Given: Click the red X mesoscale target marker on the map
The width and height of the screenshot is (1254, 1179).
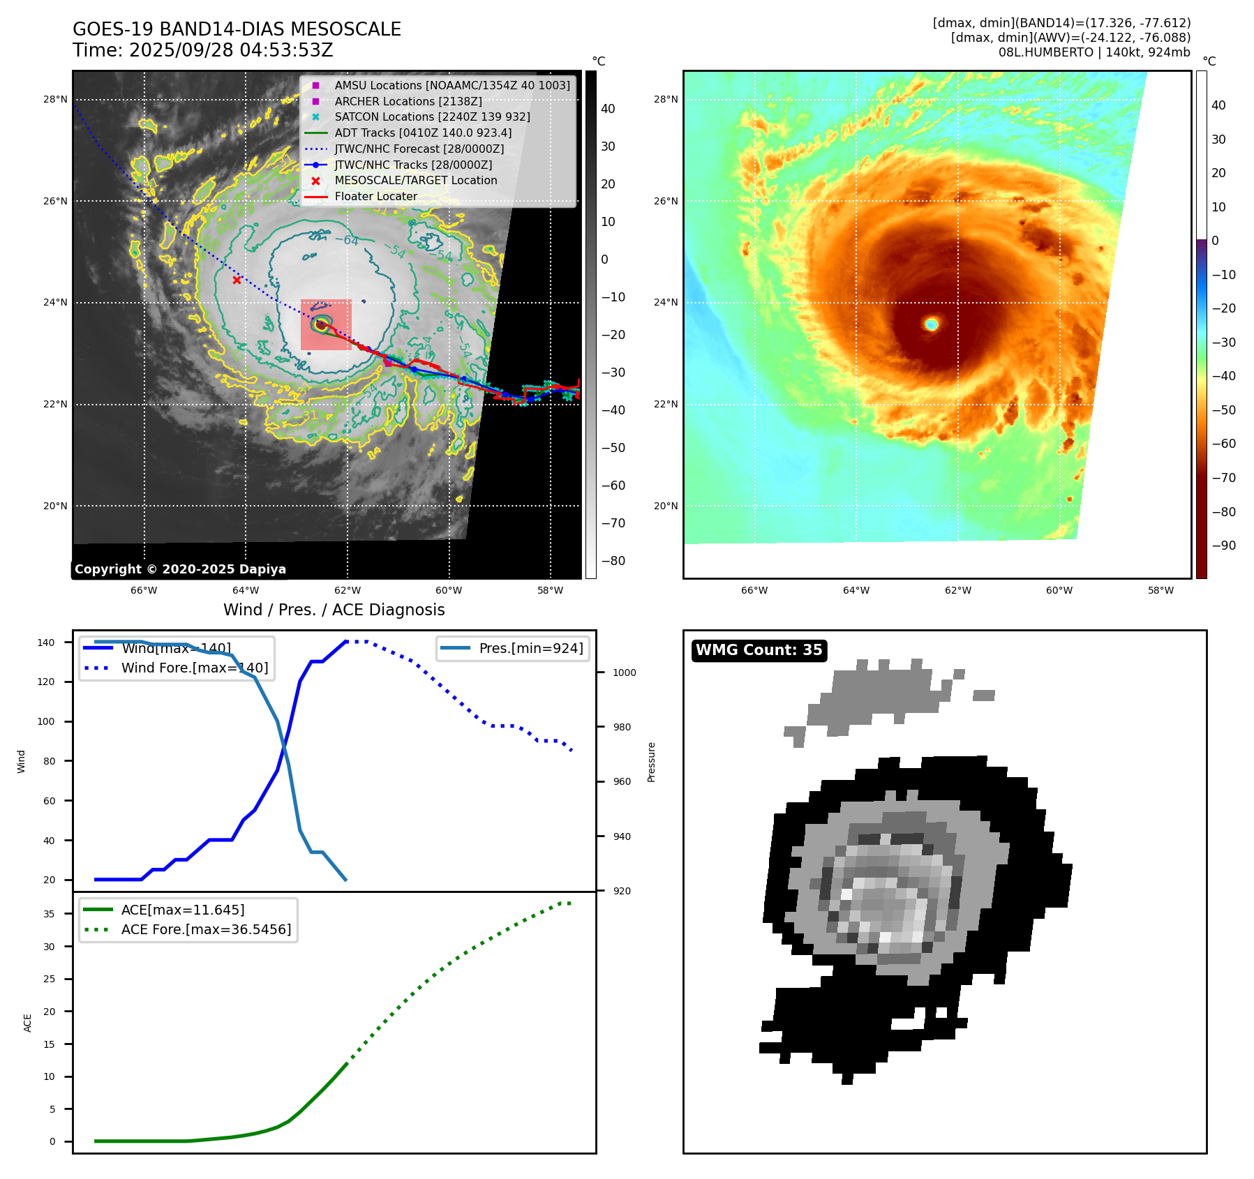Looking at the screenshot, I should pyautogui.click(x=237, y=280).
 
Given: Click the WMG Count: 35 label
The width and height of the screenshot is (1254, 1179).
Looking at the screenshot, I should pyautogui.click(x=759, y=650).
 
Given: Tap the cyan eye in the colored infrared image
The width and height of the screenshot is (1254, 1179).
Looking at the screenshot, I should pyautogui.click(x=932, y=324).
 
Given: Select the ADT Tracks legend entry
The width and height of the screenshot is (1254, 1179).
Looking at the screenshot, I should pyautogui.click(x=423, y=133).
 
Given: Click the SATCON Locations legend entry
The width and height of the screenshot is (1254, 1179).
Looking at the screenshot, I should pyautogui.click(x=432, y=117).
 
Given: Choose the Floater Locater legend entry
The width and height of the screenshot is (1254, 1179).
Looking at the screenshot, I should pyautogui.click(x=375, y=196).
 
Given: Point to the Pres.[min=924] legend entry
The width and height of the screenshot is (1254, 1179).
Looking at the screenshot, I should pyautogui.click(x=530, y=648).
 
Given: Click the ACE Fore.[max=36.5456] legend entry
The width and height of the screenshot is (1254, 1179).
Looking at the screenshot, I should pyautogui.click(x=206, y=929).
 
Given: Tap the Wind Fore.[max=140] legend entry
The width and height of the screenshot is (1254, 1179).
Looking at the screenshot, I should pyautogui.click(x=194, y=668).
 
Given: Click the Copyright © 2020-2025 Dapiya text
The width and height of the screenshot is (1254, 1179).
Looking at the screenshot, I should pyautogui.click(x=180, y=569).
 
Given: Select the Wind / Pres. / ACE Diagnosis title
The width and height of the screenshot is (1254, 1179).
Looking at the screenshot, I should pyautogui.click(x=334, y=610).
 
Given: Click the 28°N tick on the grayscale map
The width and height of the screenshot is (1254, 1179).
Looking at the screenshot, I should pyautogui.click(x=55, y=99).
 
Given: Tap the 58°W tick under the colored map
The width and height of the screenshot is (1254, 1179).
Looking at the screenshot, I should pyautogui.click(x=1160, y=590).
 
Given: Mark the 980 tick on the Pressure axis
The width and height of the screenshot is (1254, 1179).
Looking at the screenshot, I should pyautogui.click(x=622, y=727).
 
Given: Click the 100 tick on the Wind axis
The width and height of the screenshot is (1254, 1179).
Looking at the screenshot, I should pyautogui.click(x=46, y=721).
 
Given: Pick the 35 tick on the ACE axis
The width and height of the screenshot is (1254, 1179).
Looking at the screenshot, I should pyautogui.click(x=49, y=914).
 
